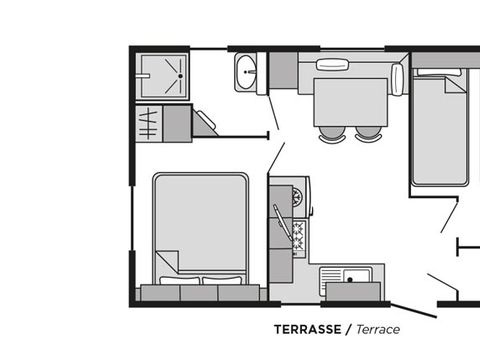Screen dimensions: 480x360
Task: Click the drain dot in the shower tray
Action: click(180, 76)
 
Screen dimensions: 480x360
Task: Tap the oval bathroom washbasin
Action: click(246, 72)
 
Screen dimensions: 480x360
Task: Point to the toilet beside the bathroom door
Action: click(204, 123)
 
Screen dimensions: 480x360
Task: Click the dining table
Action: click(351, 102)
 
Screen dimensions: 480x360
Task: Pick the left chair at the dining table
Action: click(332, 134)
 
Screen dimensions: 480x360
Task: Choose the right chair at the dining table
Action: click(368, 134)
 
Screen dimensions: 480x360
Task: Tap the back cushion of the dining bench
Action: click(332, 64)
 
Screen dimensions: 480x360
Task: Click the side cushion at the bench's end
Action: click(397, 79)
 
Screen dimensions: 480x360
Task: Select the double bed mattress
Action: click(201, 227)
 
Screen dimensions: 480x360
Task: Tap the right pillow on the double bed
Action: click(222, 280)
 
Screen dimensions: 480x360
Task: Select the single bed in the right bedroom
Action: click(439, 127)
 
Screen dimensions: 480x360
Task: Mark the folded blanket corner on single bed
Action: click(455, 85)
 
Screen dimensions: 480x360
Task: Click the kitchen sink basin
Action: click(357, 276)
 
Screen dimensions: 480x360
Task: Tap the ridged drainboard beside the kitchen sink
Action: click(331, 276)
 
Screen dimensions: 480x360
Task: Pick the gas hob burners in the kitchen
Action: click(299, 236)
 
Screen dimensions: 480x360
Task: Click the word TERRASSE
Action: click(308, 329)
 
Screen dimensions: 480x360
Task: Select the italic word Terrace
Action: click(378, 329)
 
